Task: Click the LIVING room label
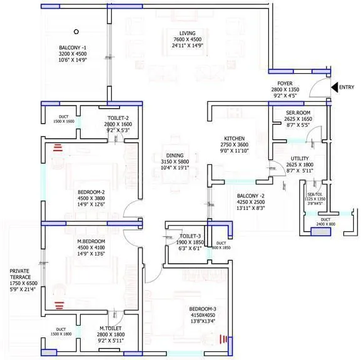[x=188, y=33]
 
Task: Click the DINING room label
[x=175, y=156]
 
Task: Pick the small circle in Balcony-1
[x=76, y=31]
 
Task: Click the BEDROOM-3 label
[x=202, y=309]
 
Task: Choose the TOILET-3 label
[x=190, y=236]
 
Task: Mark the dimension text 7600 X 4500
[x=188, y=40]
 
